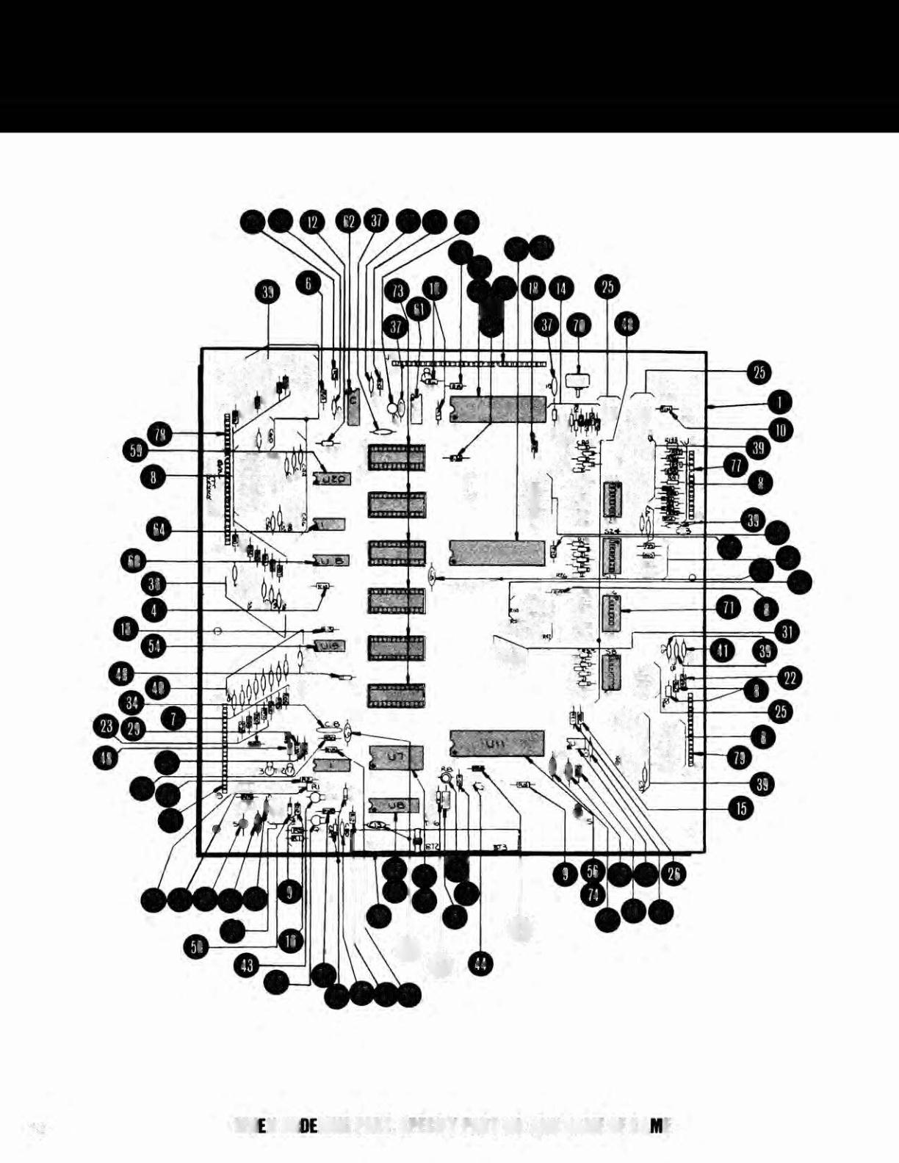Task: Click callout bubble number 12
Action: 314,222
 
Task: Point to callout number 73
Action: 398,291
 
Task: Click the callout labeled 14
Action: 561,289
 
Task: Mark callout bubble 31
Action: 786,631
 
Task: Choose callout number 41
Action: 724,650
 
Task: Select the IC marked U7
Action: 396,757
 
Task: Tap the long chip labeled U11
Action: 497,742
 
